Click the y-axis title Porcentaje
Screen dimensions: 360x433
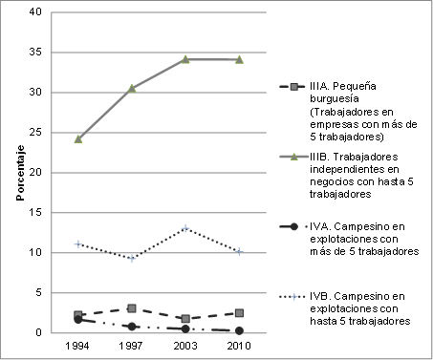18,174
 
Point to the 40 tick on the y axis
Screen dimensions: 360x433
35,12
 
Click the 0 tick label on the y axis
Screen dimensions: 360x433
38,333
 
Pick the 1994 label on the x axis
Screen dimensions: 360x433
77,345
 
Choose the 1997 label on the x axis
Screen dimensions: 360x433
131,345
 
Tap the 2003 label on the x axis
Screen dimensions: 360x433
184,345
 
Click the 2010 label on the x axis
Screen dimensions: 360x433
238,345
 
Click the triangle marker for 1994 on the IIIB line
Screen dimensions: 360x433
77,138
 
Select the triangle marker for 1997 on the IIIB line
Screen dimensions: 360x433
131,88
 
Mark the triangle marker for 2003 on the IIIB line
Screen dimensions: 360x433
184,59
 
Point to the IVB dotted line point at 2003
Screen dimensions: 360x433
184,228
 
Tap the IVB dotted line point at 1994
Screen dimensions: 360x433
77,244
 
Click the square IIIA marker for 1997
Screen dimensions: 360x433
131,308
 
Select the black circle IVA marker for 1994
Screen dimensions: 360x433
77,319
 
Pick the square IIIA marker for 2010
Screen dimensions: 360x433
238,313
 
